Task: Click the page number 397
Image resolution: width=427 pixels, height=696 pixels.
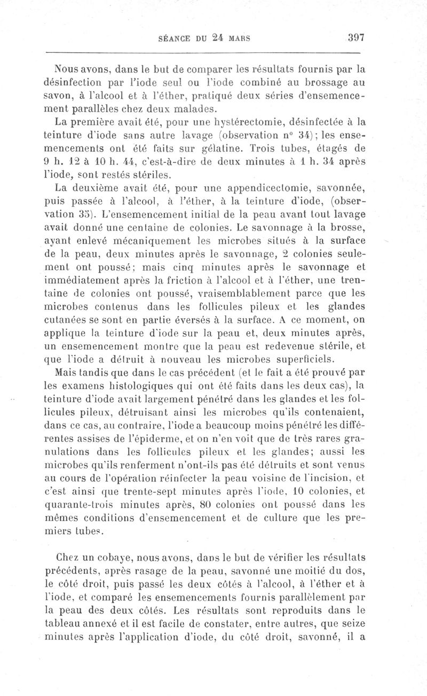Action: (355, 38)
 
